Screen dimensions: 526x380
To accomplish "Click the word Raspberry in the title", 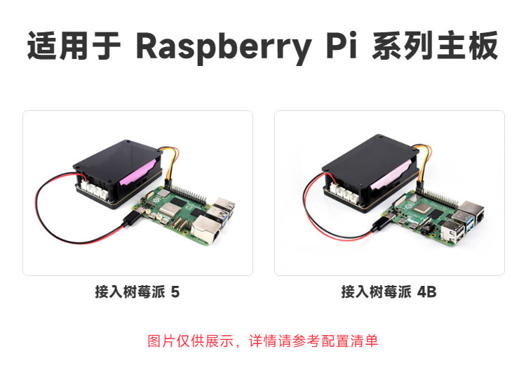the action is tap(224, 48).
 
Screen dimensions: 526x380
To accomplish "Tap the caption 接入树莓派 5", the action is tap(137, 291).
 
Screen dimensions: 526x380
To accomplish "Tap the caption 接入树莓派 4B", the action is tap(389, 291).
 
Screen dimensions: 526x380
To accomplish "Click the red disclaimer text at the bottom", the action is tap(263, 341).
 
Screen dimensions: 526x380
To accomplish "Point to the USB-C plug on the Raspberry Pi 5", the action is tap(132, 218).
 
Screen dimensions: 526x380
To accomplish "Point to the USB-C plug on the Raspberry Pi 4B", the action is tap(381, 223).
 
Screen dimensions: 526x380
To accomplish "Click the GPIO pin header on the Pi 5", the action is tap(186, 192).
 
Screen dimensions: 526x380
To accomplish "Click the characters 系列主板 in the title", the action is tap(435, 46).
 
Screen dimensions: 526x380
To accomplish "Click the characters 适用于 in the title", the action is tap(74, 46).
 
